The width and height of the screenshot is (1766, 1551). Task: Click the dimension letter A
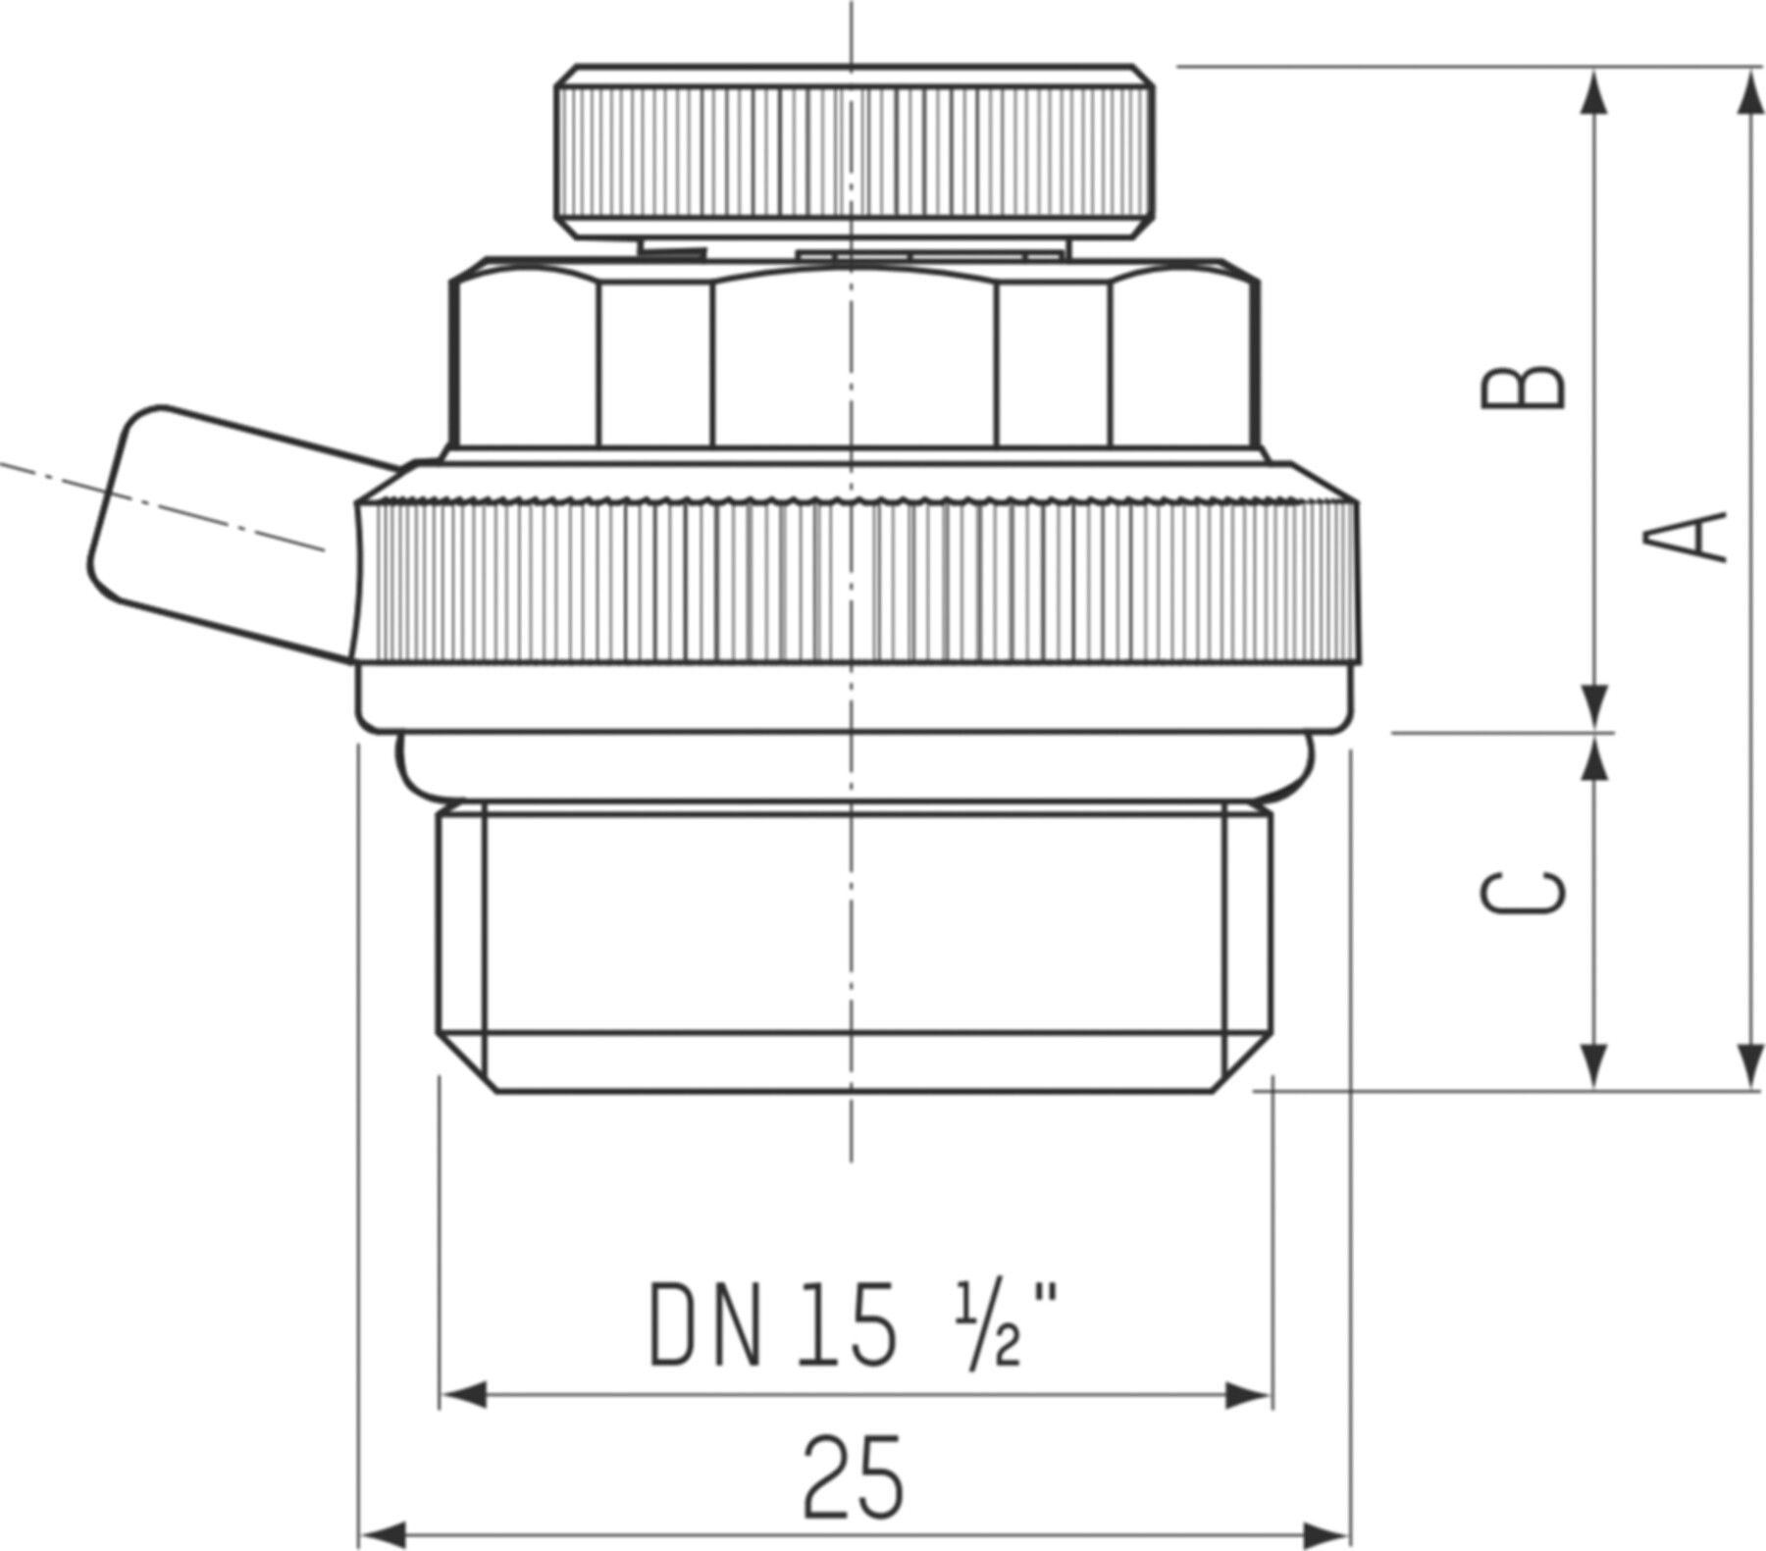pos(1697,536)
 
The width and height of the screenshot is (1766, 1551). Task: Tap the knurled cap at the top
pos(854,152)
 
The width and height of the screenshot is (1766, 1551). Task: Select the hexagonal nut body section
pos(854,363)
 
